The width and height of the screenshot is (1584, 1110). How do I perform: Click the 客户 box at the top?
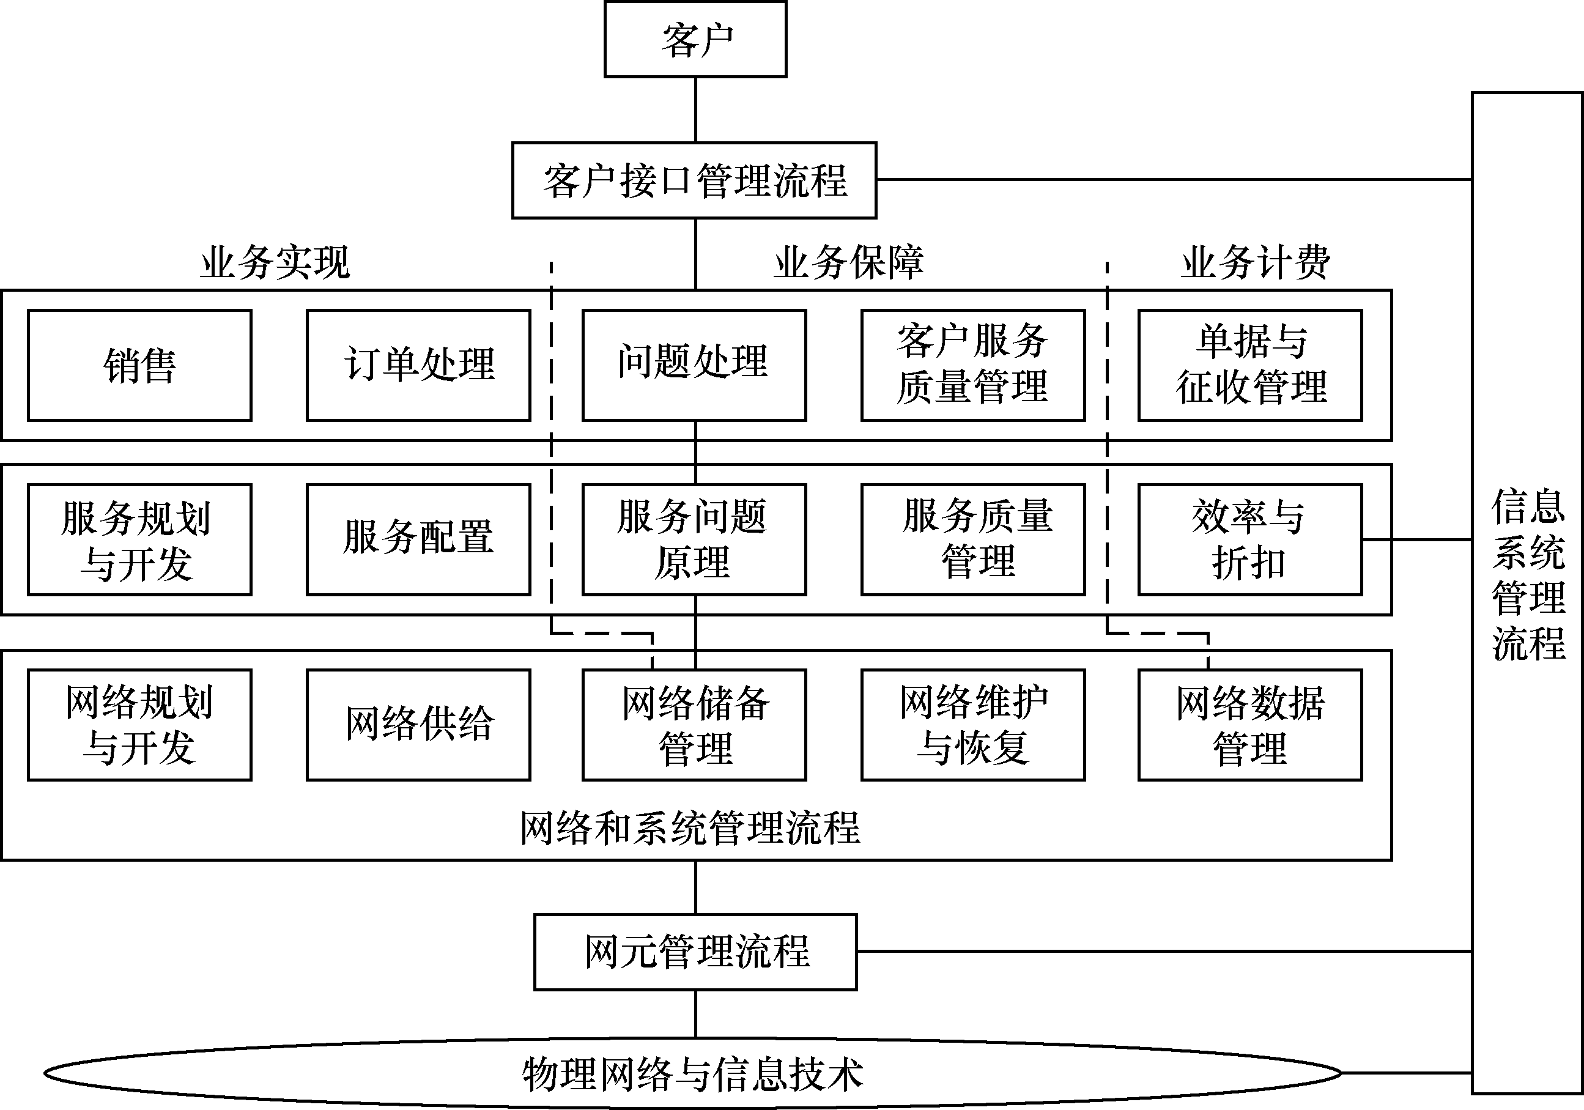695,39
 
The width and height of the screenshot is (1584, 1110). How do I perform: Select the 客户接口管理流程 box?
694,181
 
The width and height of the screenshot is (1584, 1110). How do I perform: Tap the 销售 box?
139,365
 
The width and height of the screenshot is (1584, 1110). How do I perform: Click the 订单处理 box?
419,365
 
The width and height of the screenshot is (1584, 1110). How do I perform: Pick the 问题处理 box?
694,365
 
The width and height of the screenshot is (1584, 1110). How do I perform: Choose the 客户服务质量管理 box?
973,365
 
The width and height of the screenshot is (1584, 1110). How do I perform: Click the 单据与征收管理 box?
1249,365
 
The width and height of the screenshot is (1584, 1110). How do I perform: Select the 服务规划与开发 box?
139,539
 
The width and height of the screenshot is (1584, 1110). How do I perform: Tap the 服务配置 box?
419,539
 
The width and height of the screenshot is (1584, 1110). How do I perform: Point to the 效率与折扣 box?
1249,539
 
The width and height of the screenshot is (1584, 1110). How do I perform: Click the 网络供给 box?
419,724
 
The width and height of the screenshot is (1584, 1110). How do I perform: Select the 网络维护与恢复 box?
973,724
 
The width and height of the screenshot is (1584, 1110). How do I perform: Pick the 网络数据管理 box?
1249,724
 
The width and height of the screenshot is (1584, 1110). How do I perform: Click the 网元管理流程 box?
695,952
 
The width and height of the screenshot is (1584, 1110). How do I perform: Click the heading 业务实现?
275,263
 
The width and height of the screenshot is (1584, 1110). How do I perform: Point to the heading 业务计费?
1256,263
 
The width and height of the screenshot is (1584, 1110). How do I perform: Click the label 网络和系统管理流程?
690,828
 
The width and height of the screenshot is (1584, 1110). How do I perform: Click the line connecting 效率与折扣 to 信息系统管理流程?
1418,539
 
